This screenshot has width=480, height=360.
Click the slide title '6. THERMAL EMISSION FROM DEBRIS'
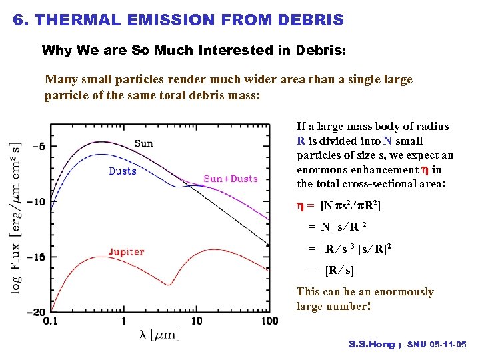[x=178, y=20]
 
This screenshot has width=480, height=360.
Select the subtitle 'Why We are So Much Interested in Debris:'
[x=194, y=51]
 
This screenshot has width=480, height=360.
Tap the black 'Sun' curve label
[x=143, y=143]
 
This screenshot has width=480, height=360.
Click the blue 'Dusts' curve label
[x=123, y=171]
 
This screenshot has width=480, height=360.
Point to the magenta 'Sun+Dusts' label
[x=230, y=179]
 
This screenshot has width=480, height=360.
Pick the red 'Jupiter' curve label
[x=126, y=252]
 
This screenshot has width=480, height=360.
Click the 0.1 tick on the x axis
[x=51, y=321]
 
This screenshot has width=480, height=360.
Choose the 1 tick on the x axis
[x=123, y=321]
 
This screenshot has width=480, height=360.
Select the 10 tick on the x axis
[x=196, y=321]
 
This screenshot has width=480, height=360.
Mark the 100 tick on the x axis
[x=269, y=321]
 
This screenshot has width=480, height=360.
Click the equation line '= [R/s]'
[x=331, y=271]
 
